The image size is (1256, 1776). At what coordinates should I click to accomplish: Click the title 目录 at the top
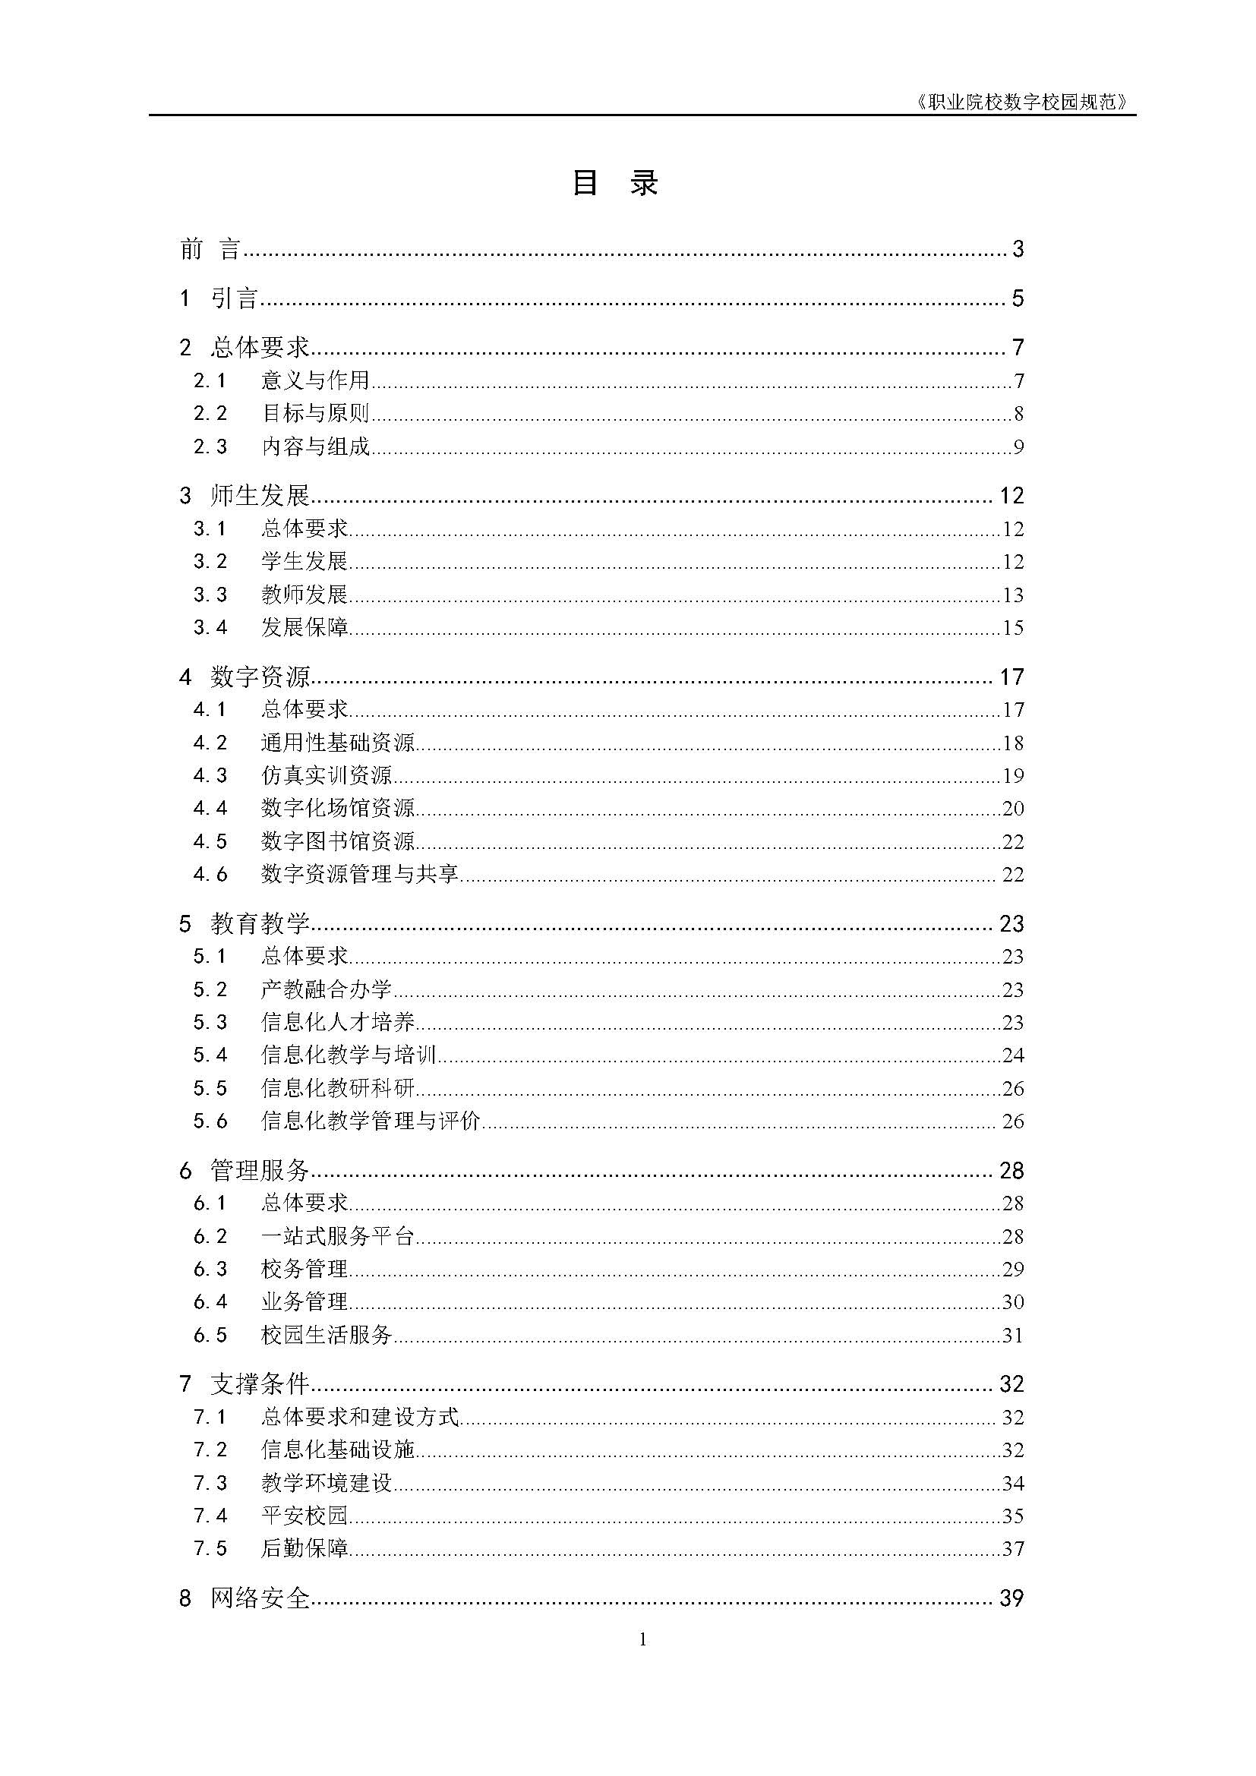(x=615, y=184)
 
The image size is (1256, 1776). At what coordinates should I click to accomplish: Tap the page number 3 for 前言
(x=1018, y=249)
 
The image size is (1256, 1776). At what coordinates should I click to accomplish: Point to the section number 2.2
(x=210, y=414)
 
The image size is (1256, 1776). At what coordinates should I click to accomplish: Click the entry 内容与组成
(x=316, y=447)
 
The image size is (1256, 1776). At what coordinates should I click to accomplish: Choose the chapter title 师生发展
(x=260, y=496)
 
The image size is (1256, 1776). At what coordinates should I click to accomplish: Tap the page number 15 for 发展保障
(x=1012, y=628)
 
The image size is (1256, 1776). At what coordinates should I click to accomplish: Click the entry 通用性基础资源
(x=338, y=743)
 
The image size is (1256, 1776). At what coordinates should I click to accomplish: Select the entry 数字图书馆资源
(x=338, y=841)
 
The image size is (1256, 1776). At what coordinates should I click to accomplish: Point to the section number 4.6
(x=210, y=875)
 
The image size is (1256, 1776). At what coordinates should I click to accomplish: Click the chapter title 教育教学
(x=260, y=924)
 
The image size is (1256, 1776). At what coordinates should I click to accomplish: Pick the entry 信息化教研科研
(x=338, y=1089)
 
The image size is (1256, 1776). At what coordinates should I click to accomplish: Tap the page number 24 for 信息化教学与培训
(x=1012, y=1056)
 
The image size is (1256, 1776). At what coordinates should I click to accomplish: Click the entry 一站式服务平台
(x=338, y=1237)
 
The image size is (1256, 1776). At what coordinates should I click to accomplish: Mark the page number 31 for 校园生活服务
(x=1012, y=1336)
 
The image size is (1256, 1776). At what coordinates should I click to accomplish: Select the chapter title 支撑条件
(x=260, y=1385)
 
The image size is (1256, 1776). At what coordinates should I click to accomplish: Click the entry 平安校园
(x=305, y=1516)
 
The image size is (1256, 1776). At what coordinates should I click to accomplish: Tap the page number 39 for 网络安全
(x=1011, y=1598)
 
